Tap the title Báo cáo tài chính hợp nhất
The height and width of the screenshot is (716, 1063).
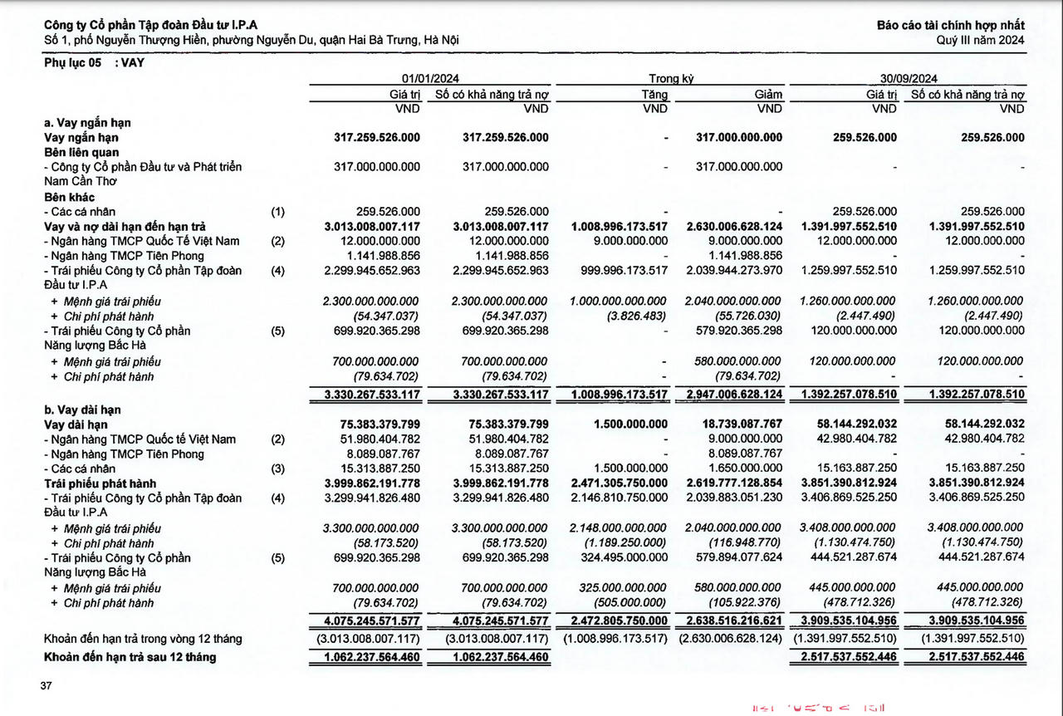(950, 26)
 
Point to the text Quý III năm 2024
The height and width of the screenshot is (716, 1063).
(980, 40)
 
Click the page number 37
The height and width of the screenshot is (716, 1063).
(46, 686)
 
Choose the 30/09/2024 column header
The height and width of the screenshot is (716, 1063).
(908, 79)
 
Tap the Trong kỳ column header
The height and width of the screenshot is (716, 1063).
(671, 79)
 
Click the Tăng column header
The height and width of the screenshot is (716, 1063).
(654, 95)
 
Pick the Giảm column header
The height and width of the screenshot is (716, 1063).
(768, 95)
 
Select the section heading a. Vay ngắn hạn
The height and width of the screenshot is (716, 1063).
(87, 123)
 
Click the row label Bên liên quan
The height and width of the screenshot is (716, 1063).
(81, 153)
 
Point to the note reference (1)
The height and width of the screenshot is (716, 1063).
(277, 212)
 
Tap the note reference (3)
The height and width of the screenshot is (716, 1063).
(277, 468)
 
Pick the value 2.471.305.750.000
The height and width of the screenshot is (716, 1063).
(620, 483)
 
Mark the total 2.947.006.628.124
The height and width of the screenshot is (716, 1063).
(731, 395)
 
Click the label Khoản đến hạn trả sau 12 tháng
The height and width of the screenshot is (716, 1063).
(130, 657)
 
